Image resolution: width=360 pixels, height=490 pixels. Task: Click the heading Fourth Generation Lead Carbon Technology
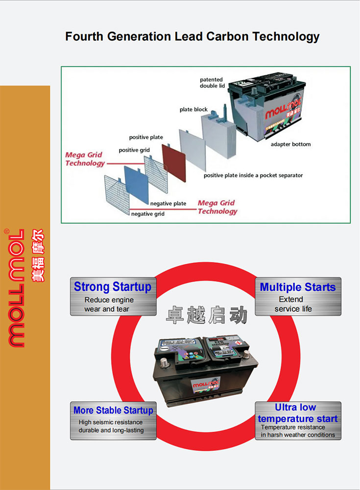[192, 37]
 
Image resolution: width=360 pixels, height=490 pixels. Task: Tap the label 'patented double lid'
[212, 83]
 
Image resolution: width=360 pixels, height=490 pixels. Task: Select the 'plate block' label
[193, 110]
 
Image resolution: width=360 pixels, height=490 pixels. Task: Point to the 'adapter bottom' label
[290, 144]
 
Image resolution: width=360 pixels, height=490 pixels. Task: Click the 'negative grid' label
[147, 214]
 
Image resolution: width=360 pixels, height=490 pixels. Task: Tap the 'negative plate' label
[168, 204]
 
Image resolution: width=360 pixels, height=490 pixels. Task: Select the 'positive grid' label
[134, 150]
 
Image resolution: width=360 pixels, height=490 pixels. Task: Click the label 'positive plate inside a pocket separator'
[253, 175]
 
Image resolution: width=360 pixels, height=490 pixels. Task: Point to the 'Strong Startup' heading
[112, 287]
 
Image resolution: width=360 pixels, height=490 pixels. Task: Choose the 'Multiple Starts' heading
[298, 287]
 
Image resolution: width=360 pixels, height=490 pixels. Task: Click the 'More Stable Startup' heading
[113, 411]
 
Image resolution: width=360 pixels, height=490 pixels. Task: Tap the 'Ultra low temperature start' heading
[297, 413]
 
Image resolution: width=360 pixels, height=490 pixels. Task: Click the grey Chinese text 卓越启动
[207, 316]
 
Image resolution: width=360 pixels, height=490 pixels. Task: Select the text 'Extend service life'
[292, 304]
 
